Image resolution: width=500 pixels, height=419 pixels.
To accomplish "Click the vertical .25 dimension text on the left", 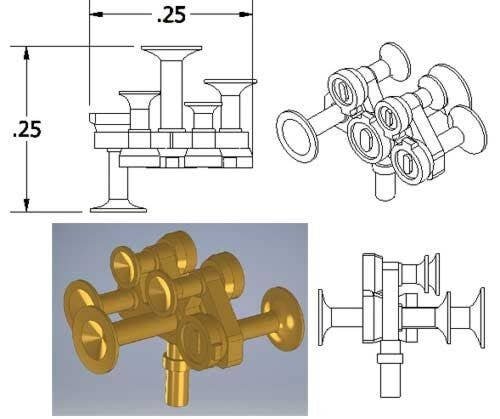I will coord(26,131).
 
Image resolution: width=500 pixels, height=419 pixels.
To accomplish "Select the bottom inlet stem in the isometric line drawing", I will coord(381,186).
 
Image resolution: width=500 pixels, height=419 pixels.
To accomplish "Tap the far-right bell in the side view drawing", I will coord(479,322).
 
